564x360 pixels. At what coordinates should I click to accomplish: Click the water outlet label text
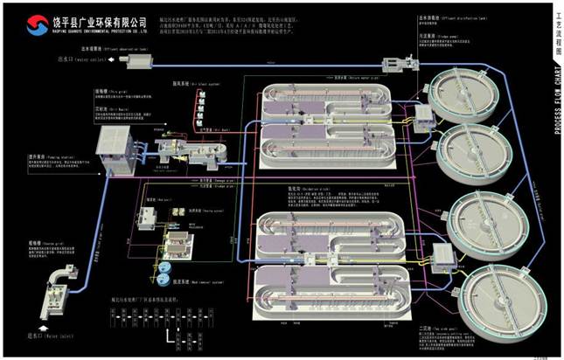(71, 60)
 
